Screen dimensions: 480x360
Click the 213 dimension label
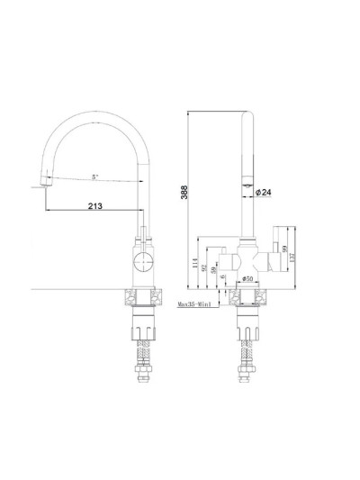[94, 205]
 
